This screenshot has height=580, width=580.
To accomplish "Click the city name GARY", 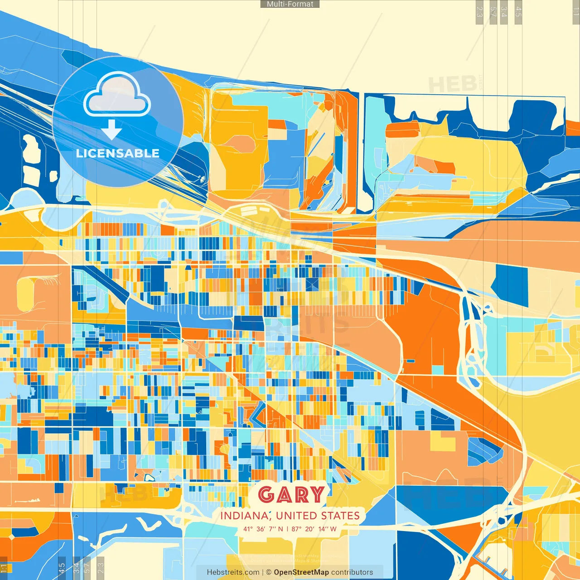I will tap(291, 494).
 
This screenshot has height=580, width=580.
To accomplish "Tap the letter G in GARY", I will tap(266, 494).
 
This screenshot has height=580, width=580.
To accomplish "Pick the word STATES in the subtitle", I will tap(340, 516).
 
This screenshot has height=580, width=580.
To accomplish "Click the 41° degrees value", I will tap(248, 529).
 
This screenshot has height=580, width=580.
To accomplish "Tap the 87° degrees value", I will tap(297, 529).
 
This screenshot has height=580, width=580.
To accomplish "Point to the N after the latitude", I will tap(280, 529).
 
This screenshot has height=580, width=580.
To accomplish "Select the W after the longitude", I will tap(333, 529).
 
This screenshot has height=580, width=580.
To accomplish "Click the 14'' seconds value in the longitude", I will tap(323, 529).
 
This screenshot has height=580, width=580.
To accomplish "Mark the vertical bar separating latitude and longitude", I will tap(287, 529).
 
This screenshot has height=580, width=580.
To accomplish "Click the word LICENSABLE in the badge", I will tap(118, 153).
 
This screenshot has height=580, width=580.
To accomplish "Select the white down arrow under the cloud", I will tap(111, 130).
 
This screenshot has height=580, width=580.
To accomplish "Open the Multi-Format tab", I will tap(290, 4).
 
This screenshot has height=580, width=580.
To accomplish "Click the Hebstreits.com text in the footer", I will tap(233, 572).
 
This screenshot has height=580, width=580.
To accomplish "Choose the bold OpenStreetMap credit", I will tap(301, 572).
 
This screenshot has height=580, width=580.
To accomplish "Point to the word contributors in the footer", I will tap(352, 572).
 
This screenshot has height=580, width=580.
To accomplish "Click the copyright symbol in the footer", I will tap(269, 572).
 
